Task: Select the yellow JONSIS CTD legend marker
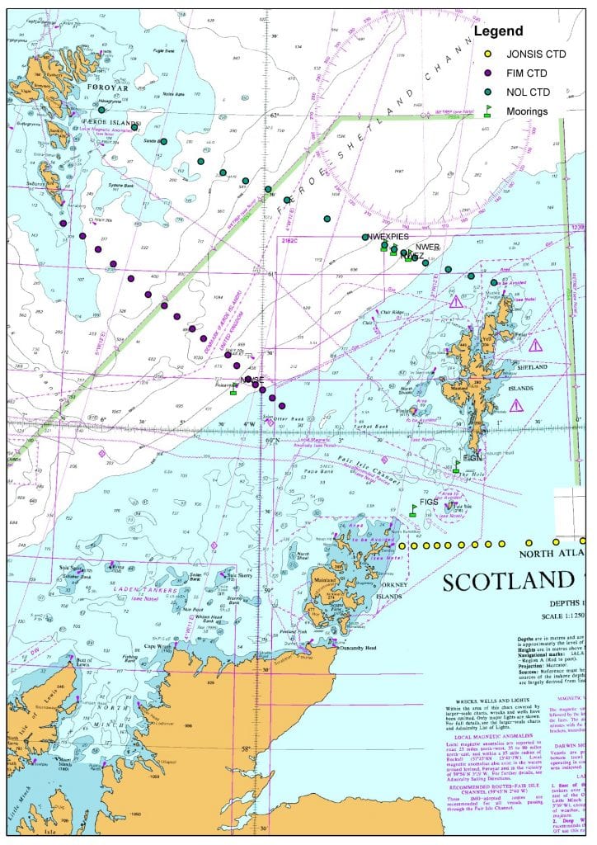click(487, 54)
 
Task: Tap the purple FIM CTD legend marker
click(487, 73)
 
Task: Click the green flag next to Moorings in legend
click(487, 110)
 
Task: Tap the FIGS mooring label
click(429, 502)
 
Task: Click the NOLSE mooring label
click(251, 380)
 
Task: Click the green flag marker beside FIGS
click(413, 510)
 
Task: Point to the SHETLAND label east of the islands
click(532, 367)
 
